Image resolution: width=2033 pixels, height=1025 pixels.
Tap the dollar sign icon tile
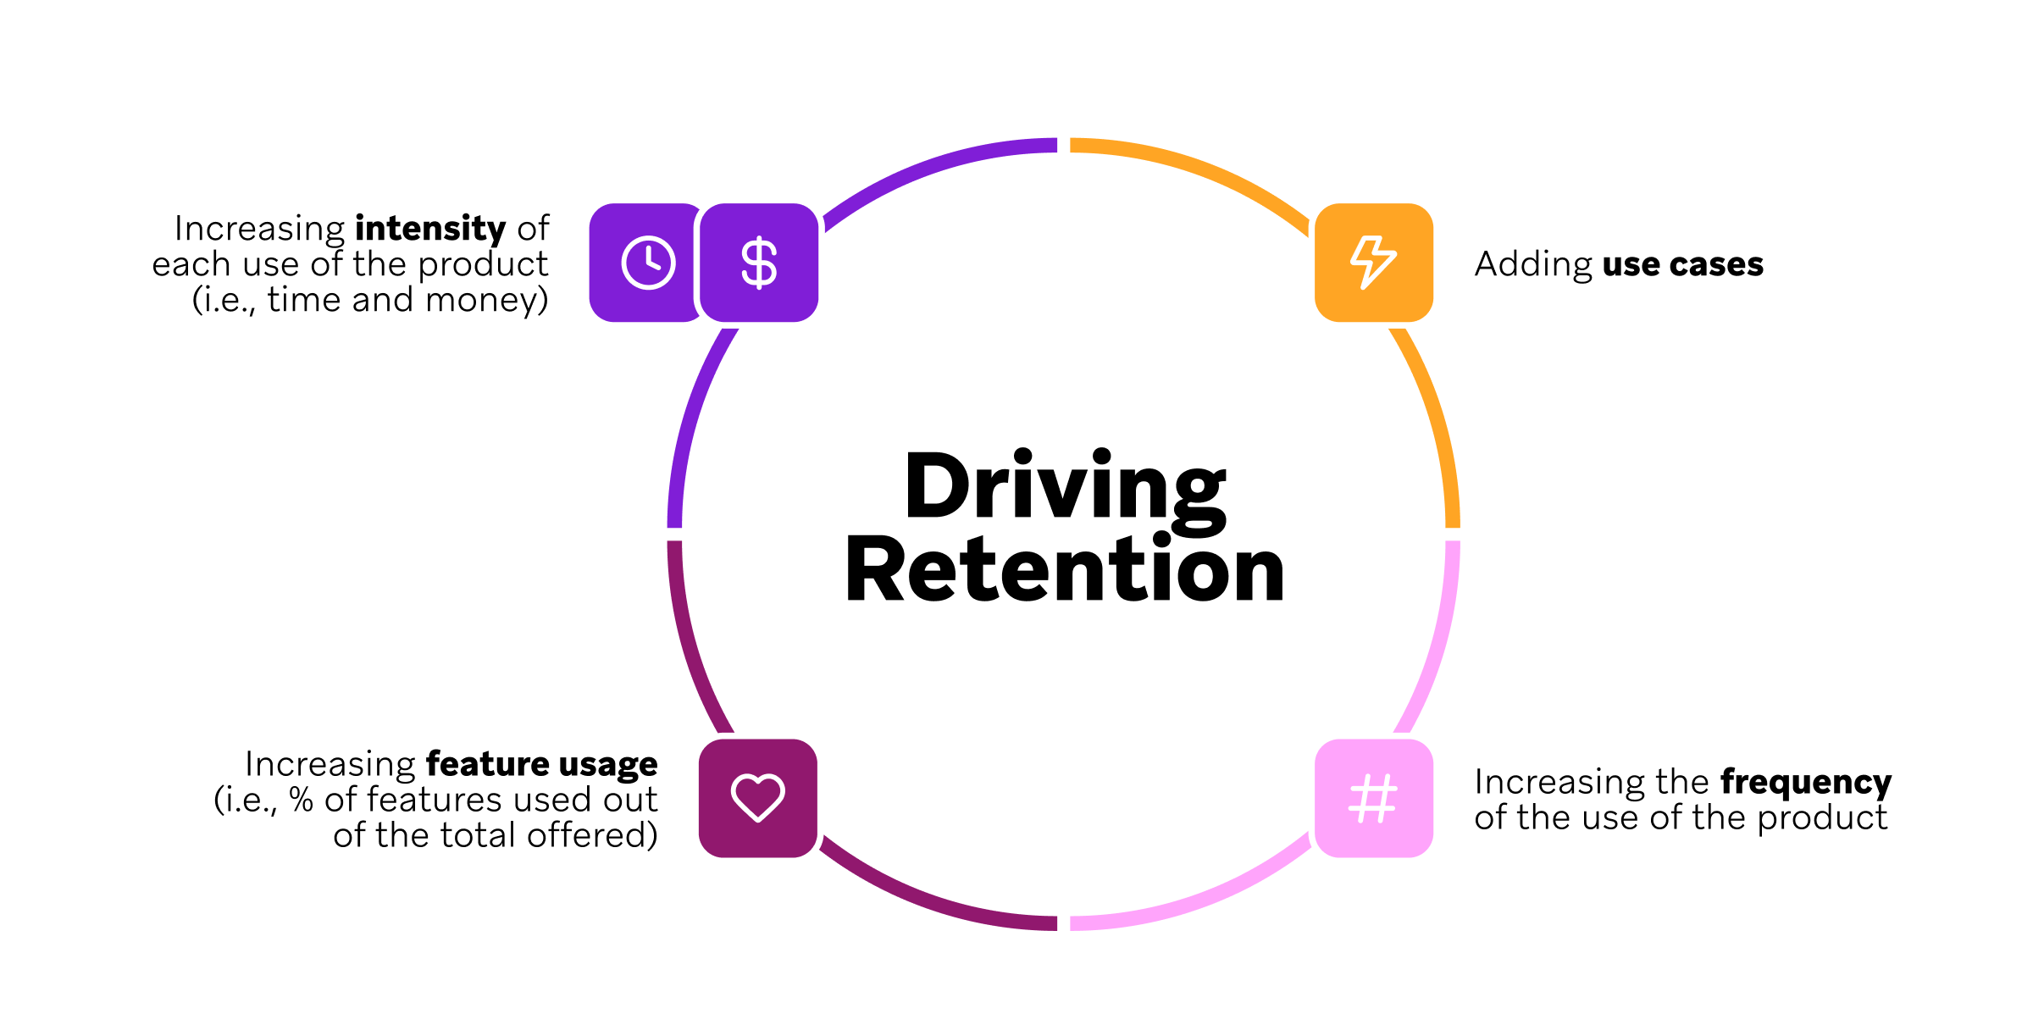coord(759,263)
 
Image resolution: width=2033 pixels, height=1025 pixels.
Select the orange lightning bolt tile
coord(1373,263)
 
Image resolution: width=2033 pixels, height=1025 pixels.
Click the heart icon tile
coord(757,798)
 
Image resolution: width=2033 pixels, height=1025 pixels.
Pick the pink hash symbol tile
coord(1373,798)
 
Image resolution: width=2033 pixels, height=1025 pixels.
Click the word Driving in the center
coord(1065,487)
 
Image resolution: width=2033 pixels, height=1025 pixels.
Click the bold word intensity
coord(429,229)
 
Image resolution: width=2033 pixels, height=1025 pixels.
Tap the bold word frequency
coord(1805,782)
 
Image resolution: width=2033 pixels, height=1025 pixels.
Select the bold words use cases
coord(1682,264)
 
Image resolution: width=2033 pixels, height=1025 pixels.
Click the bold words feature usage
coord(541,764)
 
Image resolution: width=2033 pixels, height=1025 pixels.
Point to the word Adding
coord(1532,264)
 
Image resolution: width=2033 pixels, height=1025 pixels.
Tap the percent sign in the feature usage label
coord(301,800)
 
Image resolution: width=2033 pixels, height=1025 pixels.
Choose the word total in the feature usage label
coord(479,835)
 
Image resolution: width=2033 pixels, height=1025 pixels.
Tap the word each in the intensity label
coord(191,264)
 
